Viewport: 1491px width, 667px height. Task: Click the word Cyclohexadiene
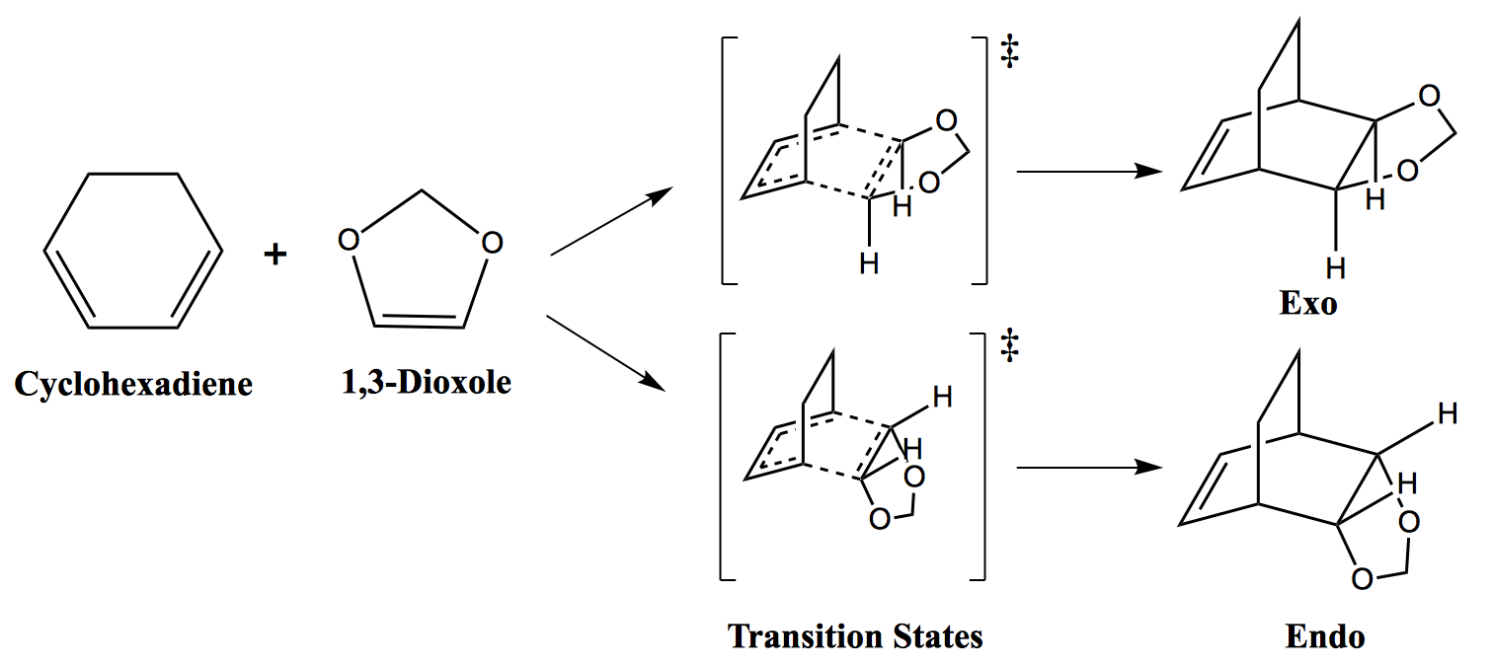pyautogui.click(x=133, y=385)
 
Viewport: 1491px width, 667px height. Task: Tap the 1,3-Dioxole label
pyautogui.click(x=427, y=383)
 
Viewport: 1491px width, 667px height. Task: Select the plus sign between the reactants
pyautogui.click(x=275, y=254)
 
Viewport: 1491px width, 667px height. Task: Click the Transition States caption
pyautogui.click(x=855, y=635)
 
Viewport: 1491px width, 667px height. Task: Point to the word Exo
pyautogui.click(x=1308, y=303)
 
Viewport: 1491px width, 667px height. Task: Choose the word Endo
pyautogui.click(x=1324, y=635)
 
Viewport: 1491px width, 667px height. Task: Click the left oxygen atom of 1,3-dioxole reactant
pyautogui.click(x=349, y=240)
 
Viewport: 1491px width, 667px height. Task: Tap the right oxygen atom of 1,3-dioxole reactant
pyautogui.click(x=492, y=243)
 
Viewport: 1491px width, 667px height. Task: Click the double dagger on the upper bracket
pyautogui.click(x=1010, y=52)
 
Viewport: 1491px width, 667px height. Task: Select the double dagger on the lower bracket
pyautogui.click(x=1010, y=345)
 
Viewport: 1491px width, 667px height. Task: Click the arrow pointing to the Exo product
pyautogui.click(x=1090, y=172)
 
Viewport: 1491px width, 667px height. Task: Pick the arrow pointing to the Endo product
pyautogui.click(x=1090, y=468)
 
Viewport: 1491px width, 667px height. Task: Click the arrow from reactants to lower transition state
pyautogui.click(x=605, y=353)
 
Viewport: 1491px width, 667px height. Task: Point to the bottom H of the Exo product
pyautogui.click(x=1335, y=268)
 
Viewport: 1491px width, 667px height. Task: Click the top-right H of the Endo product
pyautogui.click(x=1448, y=414)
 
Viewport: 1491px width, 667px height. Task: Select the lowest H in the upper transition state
pyautogui.click(x=869, y=264)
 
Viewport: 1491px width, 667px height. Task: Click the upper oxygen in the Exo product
pyautogui.click(x=1430, y=97)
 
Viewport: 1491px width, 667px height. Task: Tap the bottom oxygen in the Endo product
pyautogui.click(x=1362, y=578)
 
